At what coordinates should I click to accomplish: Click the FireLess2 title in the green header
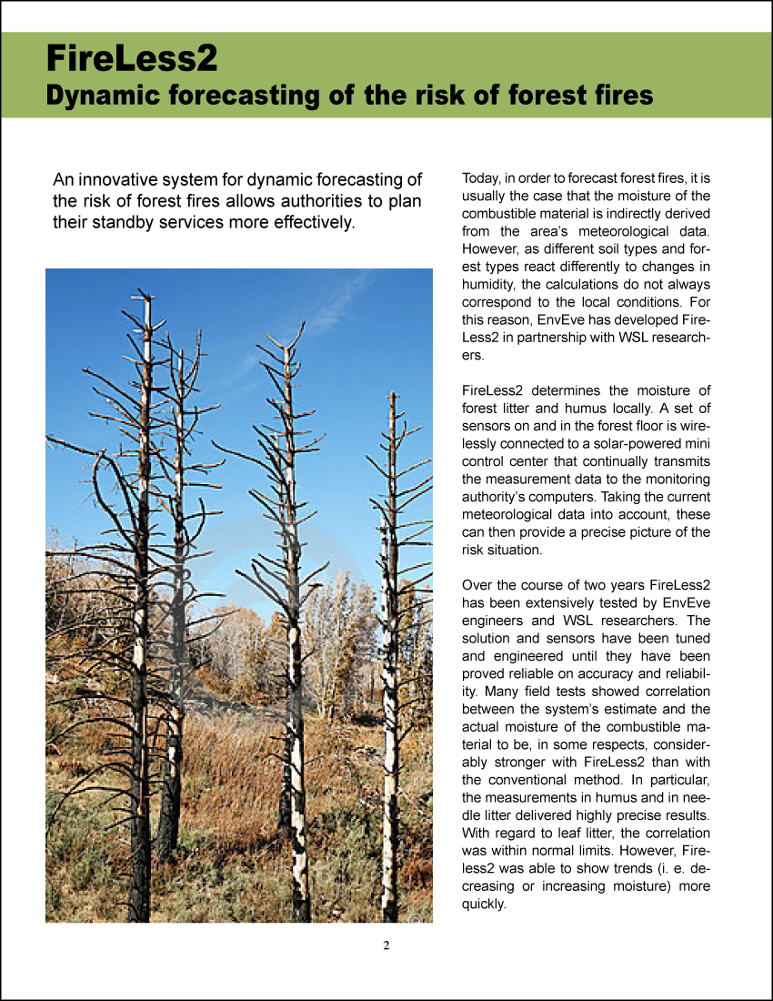(x=132, y=57)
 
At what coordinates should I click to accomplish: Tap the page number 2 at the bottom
(x=386, y=945)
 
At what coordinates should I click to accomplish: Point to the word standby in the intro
(x=125, y=221)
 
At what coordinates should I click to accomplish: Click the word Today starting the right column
(x=483, y=177)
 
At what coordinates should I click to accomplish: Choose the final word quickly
(x=483, y=904)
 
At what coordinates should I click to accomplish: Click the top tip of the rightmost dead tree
(x=392, y=394)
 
